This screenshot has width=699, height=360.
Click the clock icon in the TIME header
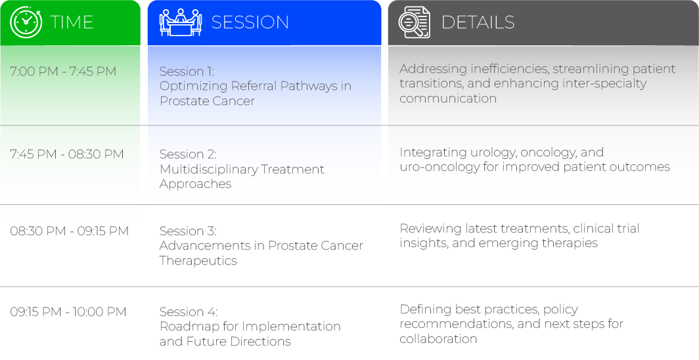point(26,22)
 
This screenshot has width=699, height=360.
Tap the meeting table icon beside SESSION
point(181,22)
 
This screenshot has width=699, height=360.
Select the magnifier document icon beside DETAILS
point(414,22)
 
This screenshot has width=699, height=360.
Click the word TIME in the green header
point(72,22)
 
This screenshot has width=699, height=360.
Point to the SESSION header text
point(250,22)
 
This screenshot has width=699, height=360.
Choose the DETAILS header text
point(478,22)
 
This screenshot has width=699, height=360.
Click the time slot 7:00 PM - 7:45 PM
point(63,72)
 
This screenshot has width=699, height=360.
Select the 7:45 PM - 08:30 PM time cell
point(67,154)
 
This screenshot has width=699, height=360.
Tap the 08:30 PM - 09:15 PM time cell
point(69,231)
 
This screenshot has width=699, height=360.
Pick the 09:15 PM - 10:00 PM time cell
point(68,312)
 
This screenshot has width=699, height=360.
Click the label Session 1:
point(187,72)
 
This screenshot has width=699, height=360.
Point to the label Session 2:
point(188,154)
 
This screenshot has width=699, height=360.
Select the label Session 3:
point(188,231)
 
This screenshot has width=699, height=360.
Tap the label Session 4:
point(189,312)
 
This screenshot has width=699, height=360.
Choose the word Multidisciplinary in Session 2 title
point(209,169)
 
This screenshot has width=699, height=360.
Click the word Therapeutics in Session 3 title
point(198,261)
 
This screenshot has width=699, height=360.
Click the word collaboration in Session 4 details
point(438,339)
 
